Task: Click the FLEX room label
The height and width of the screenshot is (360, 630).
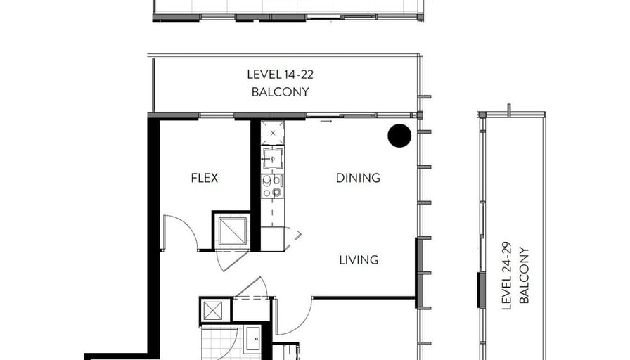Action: click(205, 178)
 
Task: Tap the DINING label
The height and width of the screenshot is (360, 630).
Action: click(358, 178)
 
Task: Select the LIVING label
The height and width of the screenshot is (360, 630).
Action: click(359, 260)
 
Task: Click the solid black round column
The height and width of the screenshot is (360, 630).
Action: click(399, 136)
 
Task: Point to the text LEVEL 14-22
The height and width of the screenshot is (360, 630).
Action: click(280, 75)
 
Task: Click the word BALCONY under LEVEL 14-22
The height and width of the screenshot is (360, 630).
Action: click(281, 92)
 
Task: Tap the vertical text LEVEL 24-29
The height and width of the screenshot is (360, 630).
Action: click(507, 276)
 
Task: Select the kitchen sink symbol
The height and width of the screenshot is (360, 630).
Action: click(273, 158)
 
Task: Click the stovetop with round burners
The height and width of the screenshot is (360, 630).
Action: click(272, 187)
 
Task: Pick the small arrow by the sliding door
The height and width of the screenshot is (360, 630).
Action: click(326, 121)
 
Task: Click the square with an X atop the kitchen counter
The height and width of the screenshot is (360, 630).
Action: click(273, 133)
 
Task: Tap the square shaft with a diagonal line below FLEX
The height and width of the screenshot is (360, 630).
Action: click(232, 231)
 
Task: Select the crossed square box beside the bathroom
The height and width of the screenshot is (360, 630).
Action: click(213, 311)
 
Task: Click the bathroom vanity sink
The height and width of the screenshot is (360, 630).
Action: click(253, 338)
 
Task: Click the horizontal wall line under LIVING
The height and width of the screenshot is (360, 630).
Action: click(364, 297)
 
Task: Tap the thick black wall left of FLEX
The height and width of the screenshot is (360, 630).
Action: click(153, 237)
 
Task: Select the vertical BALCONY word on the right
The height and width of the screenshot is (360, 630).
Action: click(525, 276)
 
